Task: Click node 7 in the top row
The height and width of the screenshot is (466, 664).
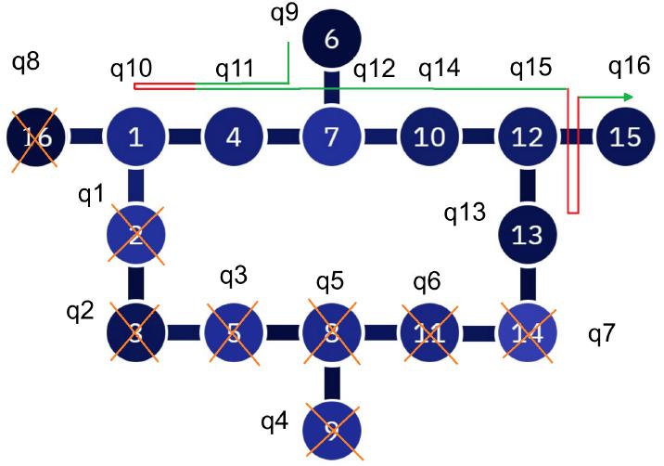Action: [331, 138]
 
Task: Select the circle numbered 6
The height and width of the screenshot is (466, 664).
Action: [331, 40]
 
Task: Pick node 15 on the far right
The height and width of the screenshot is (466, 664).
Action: [625, 138]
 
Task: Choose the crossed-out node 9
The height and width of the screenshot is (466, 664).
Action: [331, 429]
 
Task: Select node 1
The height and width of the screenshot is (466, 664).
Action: [135, 138]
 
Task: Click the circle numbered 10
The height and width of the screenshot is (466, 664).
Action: [428, 138]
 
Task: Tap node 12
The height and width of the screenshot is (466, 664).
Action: [527, 138]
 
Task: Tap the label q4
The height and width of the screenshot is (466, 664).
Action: [275, 423]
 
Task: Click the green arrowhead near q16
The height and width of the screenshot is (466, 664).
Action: [629, 97]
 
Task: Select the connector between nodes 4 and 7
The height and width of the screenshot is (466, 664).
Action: [282, 138]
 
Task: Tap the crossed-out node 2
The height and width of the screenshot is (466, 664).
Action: [135, 235]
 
